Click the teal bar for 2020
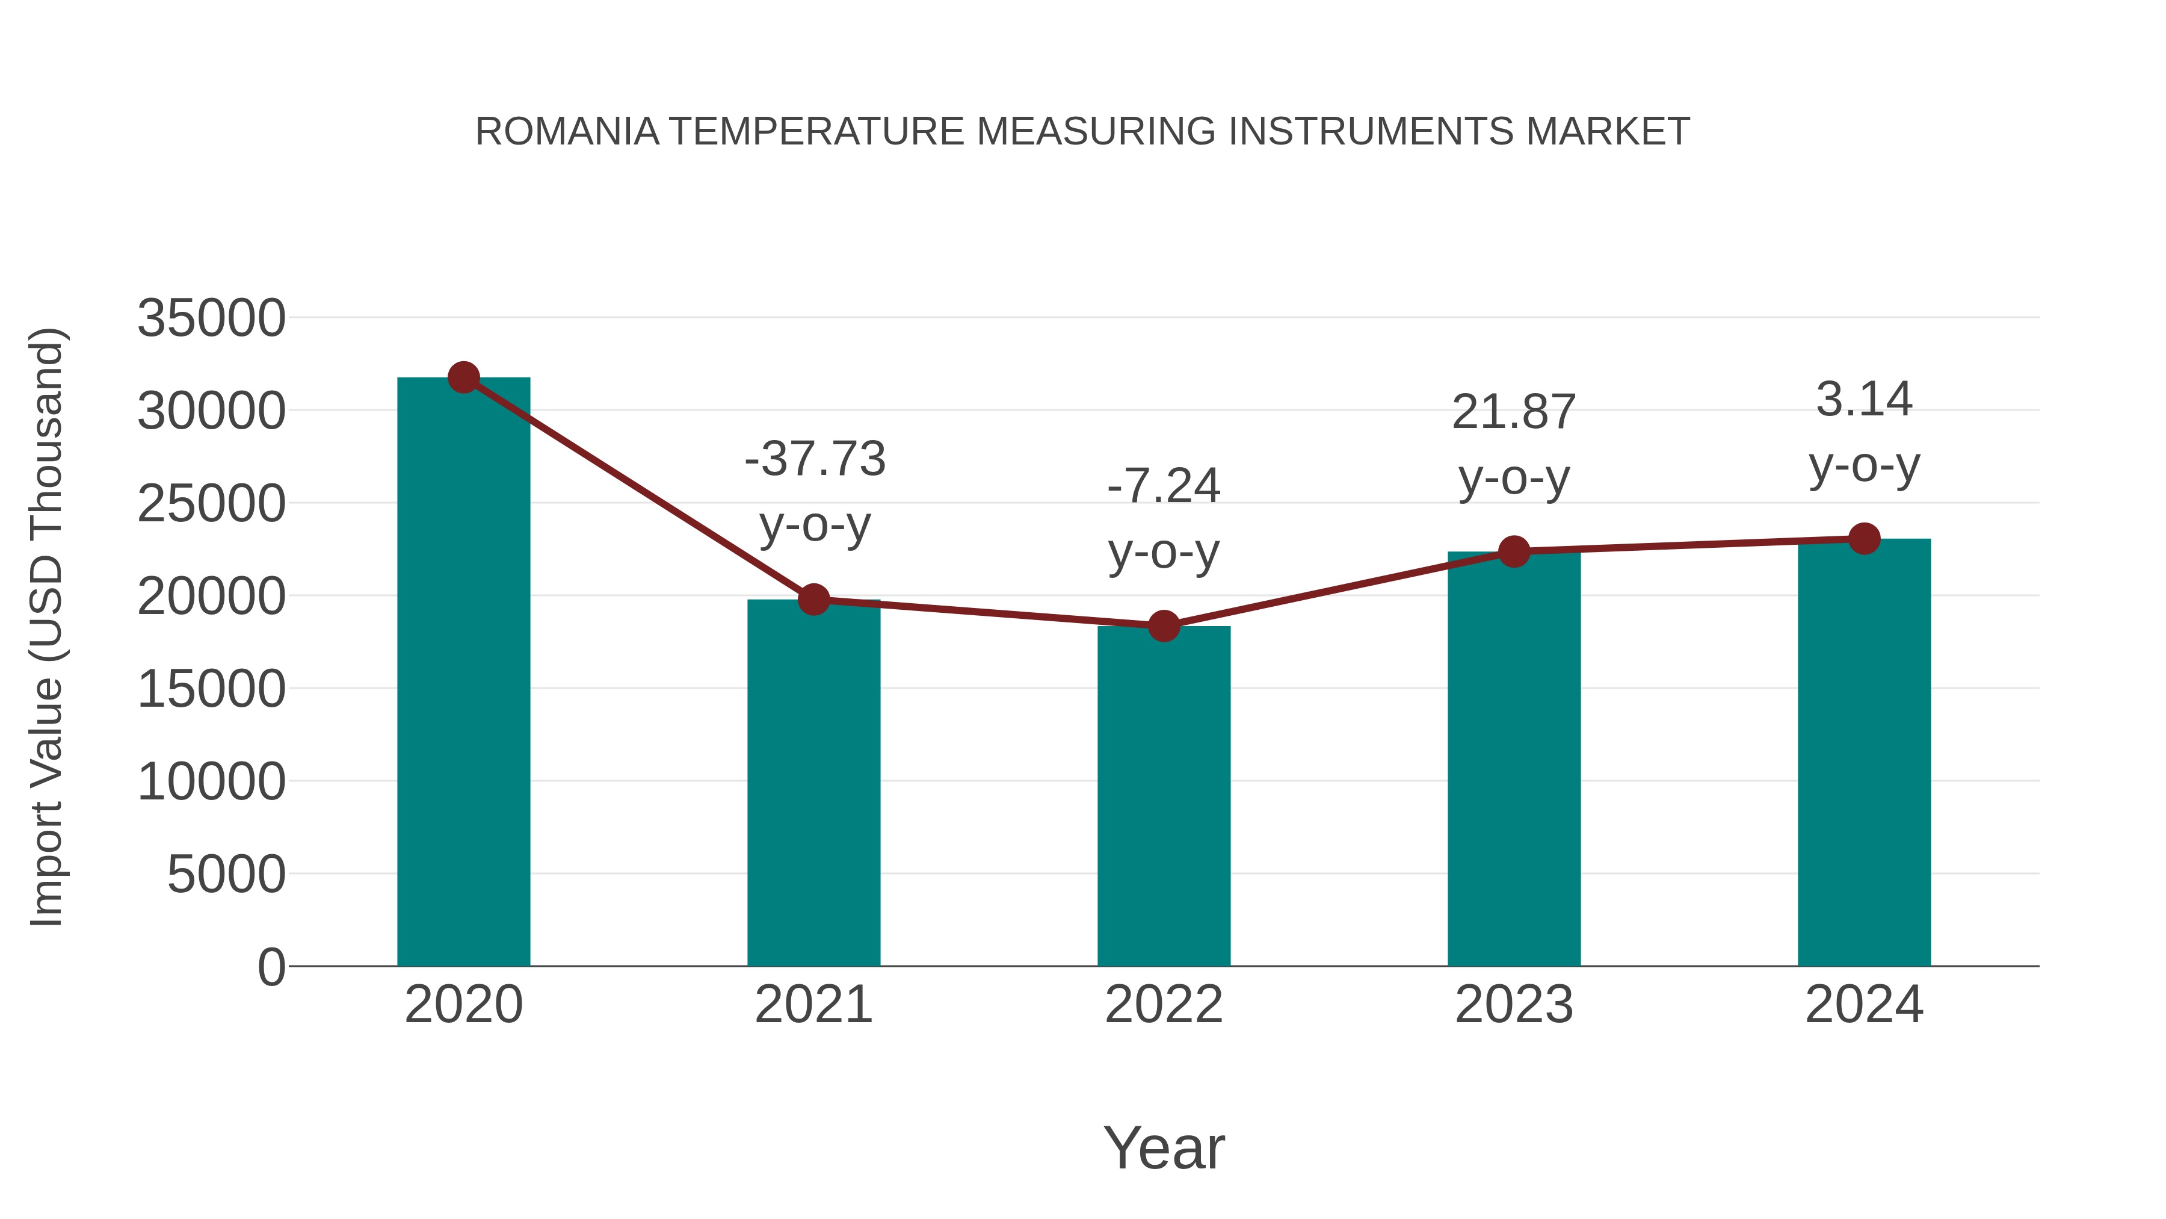[x=463, y=673]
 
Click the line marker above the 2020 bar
[x=463, y=377]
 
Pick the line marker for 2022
[x=1164, y=626]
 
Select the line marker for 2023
[x=1514, y=552]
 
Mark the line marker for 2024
[x=1864, y=538]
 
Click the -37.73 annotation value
[x=815, y=459]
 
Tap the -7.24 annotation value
[x=1164, y=486]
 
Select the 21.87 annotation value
[x=1514, y=412]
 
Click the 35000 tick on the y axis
[x=211, y=319]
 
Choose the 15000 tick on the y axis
[x=211, y=689]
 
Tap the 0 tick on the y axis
[x=271, y=967]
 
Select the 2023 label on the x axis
[x=1514, y=1005]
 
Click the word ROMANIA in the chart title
[x=567, y=131]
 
